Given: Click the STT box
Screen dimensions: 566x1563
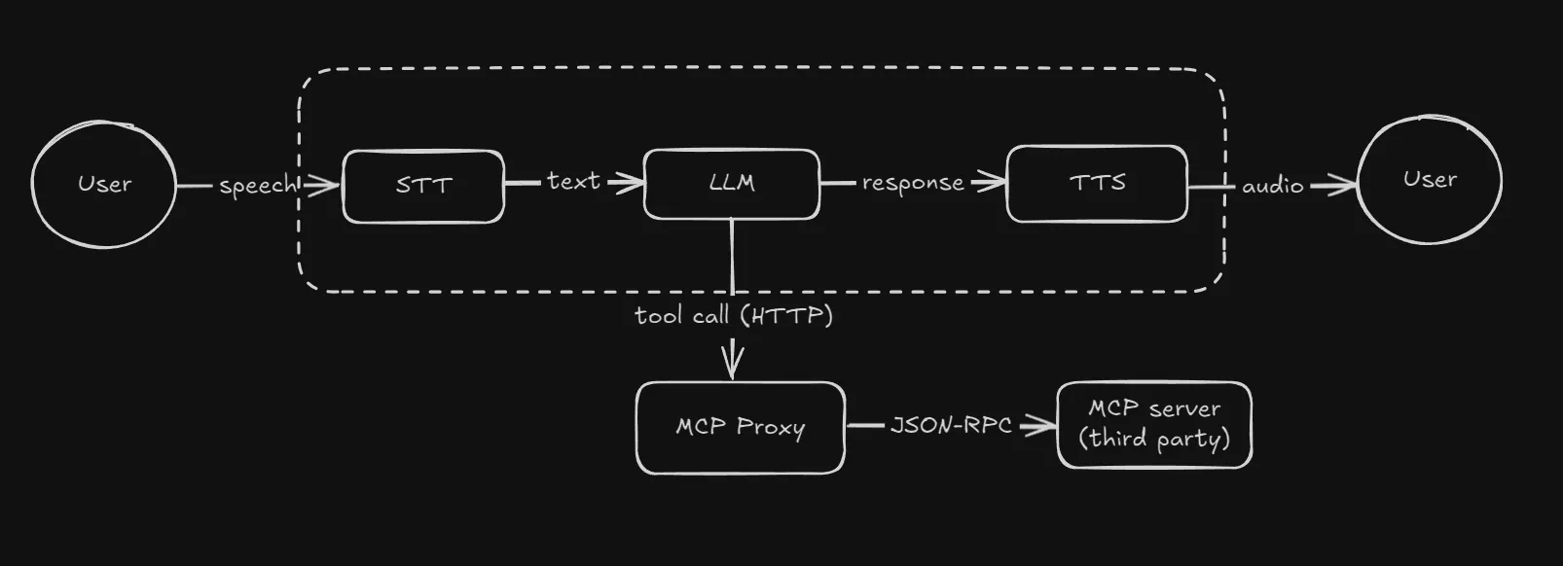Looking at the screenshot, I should pos(423,186).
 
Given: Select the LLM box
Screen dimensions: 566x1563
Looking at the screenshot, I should pos(731,184).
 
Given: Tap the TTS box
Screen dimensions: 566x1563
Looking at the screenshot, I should pos(1097,184).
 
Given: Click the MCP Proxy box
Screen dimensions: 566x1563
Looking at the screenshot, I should pos(740,428).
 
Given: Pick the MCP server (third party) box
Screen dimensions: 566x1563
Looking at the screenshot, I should pos(1154,425).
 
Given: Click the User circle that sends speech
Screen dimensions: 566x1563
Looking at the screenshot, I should pos(104,184).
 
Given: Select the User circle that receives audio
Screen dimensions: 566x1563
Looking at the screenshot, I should pos(1429,180).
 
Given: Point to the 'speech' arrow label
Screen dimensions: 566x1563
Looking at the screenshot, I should pos(256,185).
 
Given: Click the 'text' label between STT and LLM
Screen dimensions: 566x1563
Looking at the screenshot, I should pos(573,182).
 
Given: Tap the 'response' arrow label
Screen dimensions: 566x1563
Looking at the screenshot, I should pos(912,183).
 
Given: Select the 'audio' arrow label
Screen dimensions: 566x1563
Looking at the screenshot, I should pos(1272,185).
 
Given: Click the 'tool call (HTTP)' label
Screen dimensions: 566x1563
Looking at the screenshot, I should pos(734,316).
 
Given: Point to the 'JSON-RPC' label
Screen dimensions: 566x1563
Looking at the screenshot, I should pos(950,425).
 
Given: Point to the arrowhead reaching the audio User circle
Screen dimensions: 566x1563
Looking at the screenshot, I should pos(1345,184).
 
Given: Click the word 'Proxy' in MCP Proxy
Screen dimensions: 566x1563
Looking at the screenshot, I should pos(771,428).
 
